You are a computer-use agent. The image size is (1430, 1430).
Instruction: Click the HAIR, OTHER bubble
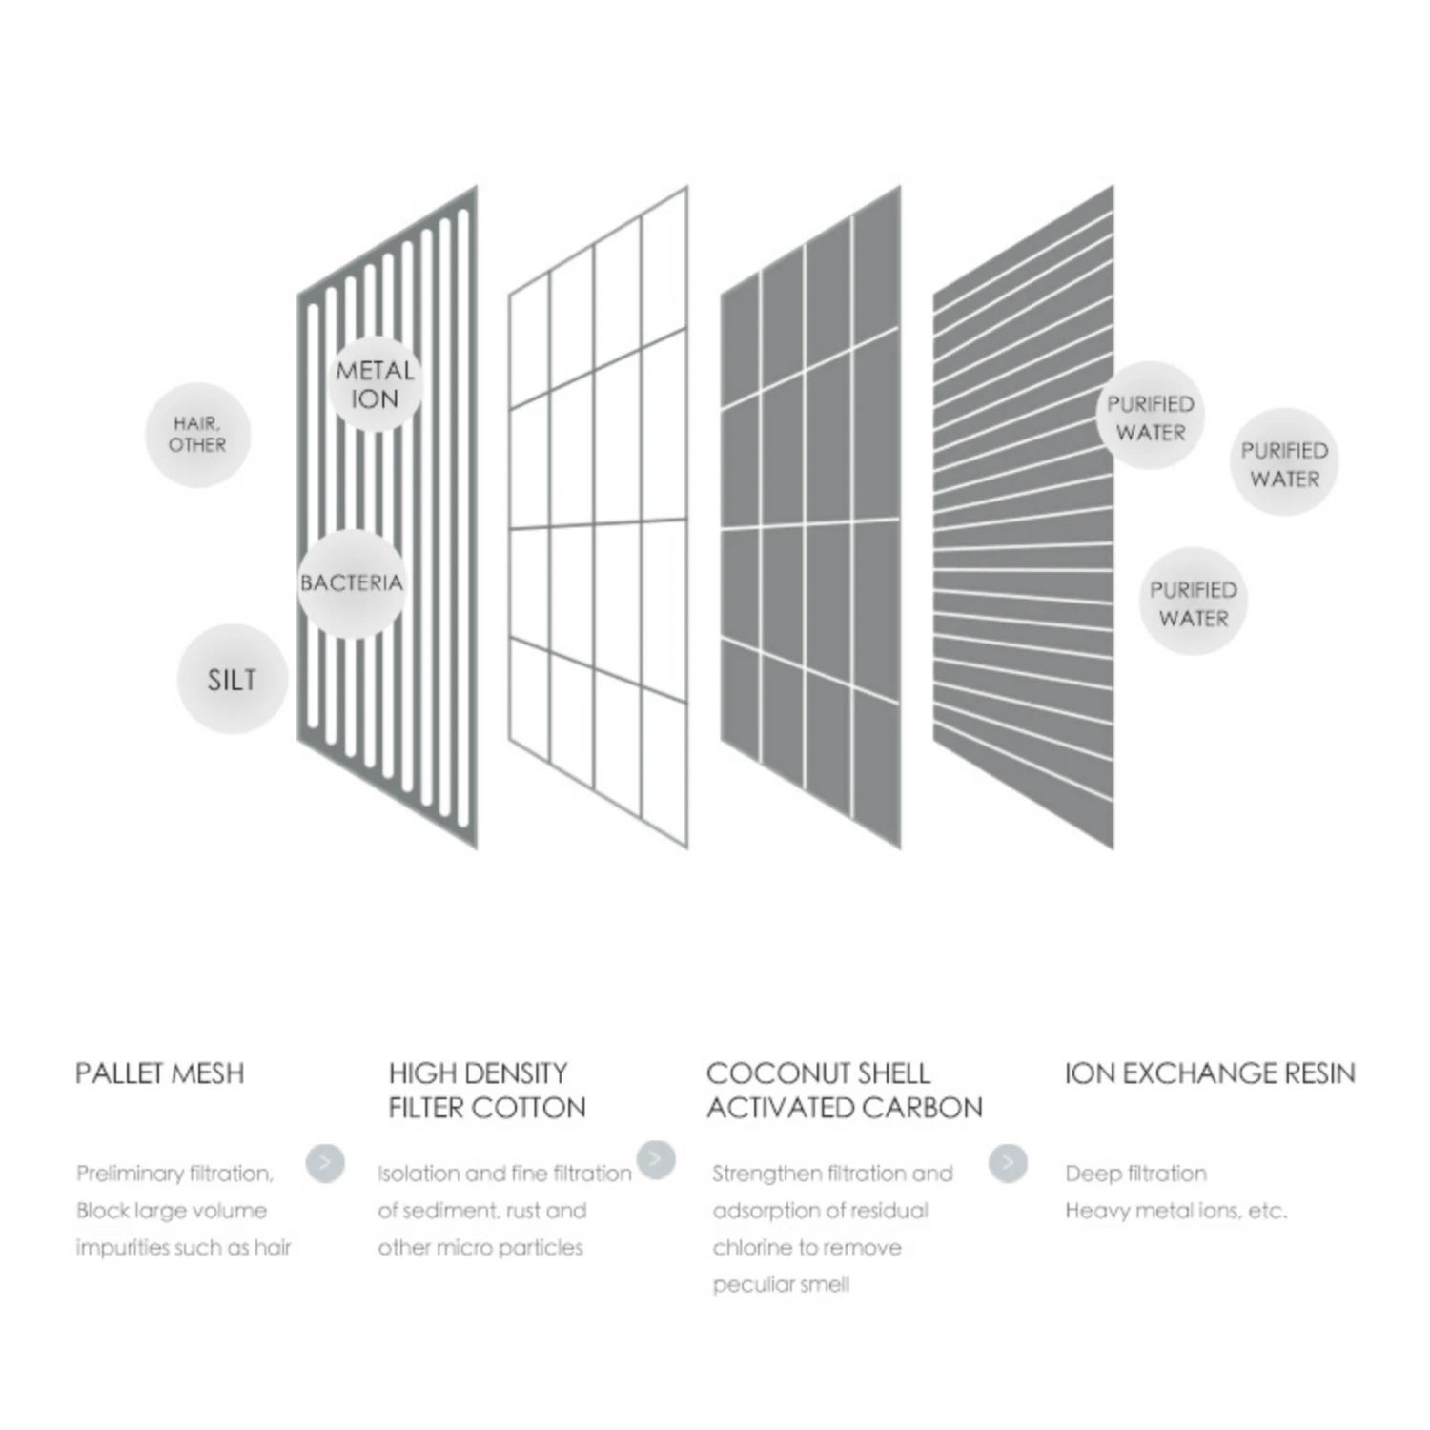(x=197, y=435)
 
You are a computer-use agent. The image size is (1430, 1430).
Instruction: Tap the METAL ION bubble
(x=375, y=384)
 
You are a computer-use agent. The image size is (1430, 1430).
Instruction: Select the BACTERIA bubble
(x=352, y=582)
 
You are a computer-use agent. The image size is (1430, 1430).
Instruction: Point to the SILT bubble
(x=232, y=679)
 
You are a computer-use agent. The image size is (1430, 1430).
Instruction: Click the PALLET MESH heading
(x=160, y=1073)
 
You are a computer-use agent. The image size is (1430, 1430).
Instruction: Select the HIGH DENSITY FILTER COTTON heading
(x=486, y=1091)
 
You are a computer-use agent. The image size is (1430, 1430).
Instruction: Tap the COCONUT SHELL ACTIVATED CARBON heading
(x=845, y=1091)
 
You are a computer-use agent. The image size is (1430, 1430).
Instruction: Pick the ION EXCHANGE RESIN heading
(x=1210, y=1073)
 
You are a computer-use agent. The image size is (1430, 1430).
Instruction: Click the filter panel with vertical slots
(x=387, y=517)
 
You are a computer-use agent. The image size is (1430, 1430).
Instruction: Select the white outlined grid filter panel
(x=598, y=517)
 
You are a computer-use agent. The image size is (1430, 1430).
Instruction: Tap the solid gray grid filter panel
(x=810, y=517)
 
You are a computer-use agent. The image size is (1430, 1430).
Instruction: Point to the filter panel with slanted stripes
(x=1023, y=517)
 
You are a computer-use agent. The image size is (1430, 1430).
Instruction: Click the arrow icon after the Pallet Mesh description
(x=325, y=1163)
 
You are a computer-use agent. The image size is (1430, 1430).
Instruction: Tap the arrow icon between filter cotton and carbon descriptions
(x=656, y=1159)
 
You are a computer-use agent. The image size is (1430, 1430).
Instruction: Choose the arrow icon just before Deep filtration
(x=1008, y=1163)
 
